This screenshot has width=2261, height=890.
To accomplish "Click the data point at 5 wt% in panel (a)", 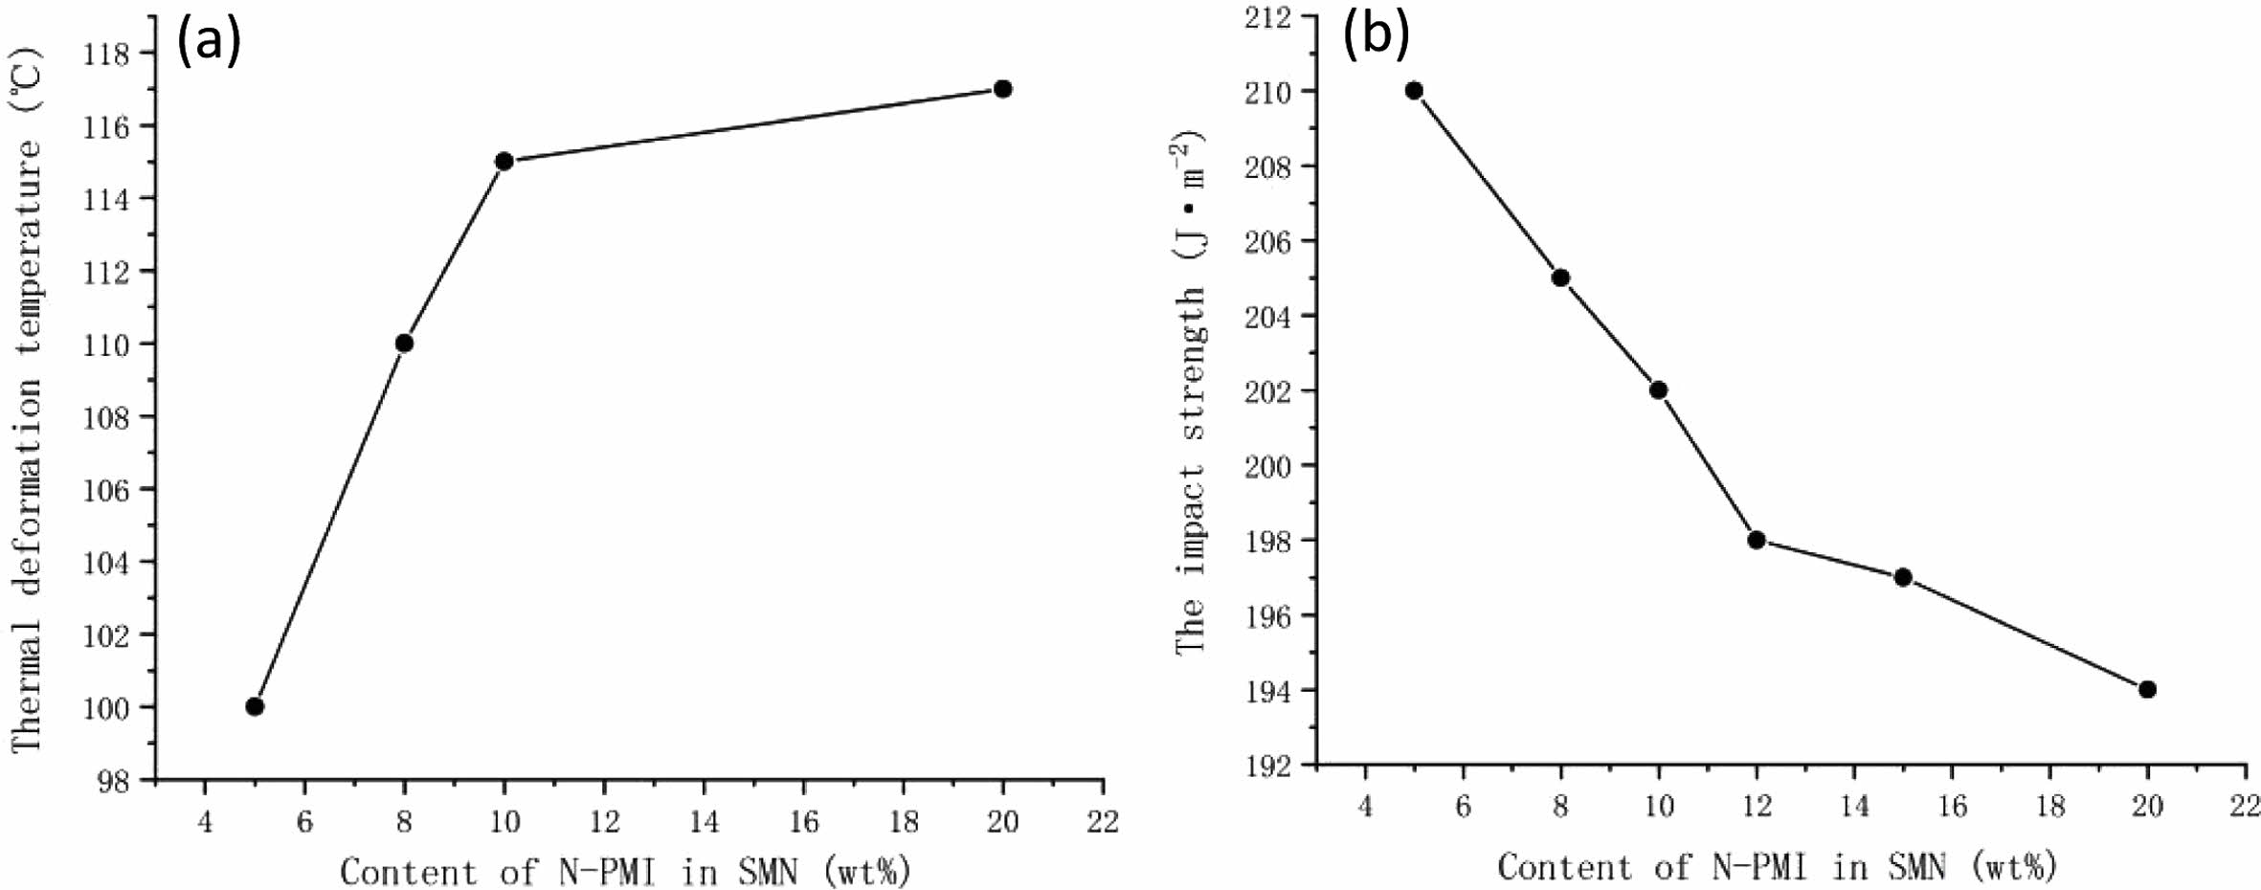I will pyautogui.click(x=255, y=706).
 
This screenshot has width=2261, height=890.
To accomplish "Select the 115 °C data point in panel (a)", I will pyautogui.click(x=504, y=161).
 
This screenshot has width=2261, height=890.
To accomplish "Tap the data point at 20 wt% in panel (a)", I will pyautogui.click(x=1003, y=89).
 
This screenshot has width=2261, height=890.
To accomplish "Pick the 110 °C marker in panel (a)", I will pyautogui.click(x=404, y=343).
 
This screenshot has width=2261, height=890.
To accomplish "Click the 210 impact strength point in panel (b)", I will pyautogui.click(x=1414, y=91).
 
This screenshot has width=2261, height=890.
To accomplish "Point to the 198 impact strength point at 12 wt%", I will pyautogui.click(x=1757, y=540).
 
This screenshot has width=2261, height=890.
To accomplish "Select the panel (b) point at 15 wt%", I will pyautogui.click(x=1903, y=577).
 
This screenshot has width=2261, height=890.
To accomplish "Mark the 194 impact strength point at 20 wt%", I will pyautogui.click(x=2147, y=689).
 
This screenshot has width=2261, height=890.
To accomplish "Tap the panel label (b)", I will pyautogui.click(x=1376, y=36).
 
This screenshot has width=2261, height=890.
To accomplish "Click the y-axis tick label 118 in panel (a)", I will pyautogui.click(x=106, y=54).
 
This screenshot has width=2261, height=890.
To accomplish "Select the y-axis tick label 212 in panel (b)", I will pyautogui.click(x=1266, y=17).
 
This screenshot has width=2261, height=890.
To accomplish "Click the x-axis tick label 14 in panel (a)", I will pyautogui.click(x=704, y=821).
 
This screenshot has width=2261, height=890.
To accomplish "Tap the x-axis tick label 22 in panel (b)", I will pyautogui.click(x=2246, y=806).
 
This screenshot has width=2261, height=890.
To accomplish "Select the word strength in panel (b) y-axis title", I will pyautogui.click(x=1191, y=363).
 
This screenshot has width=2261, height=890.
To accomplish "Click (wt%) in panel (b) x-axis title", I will pyautogui.click(x=2014, y=867).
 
